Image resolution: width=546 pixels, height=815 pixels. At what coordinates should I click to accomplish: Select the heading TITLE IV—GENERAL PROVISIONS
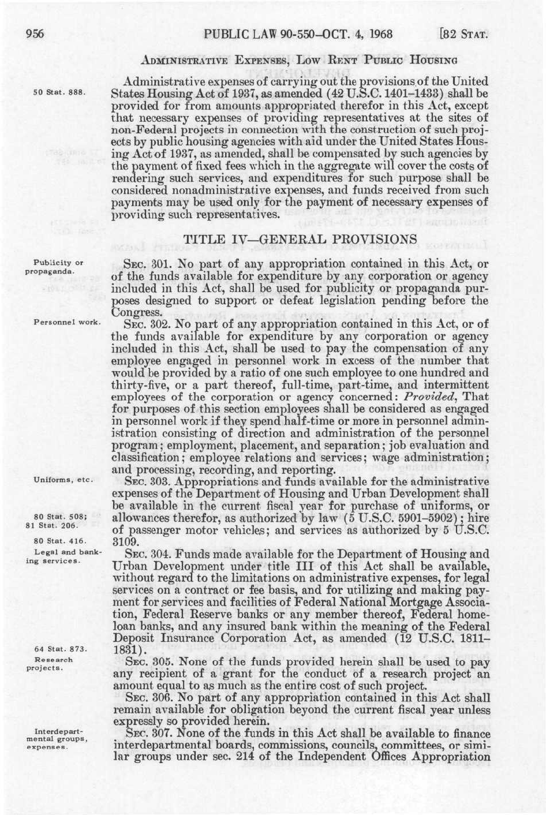click(300, 238)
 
